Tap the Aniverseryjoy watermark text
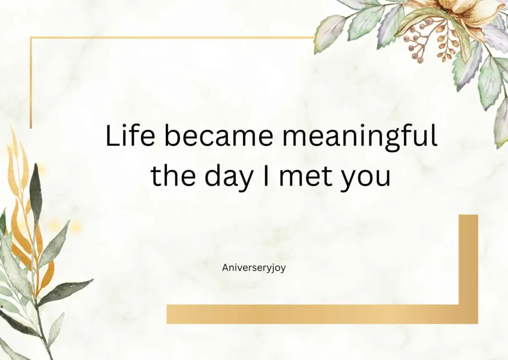coord(254,268)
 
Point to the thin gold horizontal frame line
coord(169,38)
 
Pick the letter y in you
coord(348,180)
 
